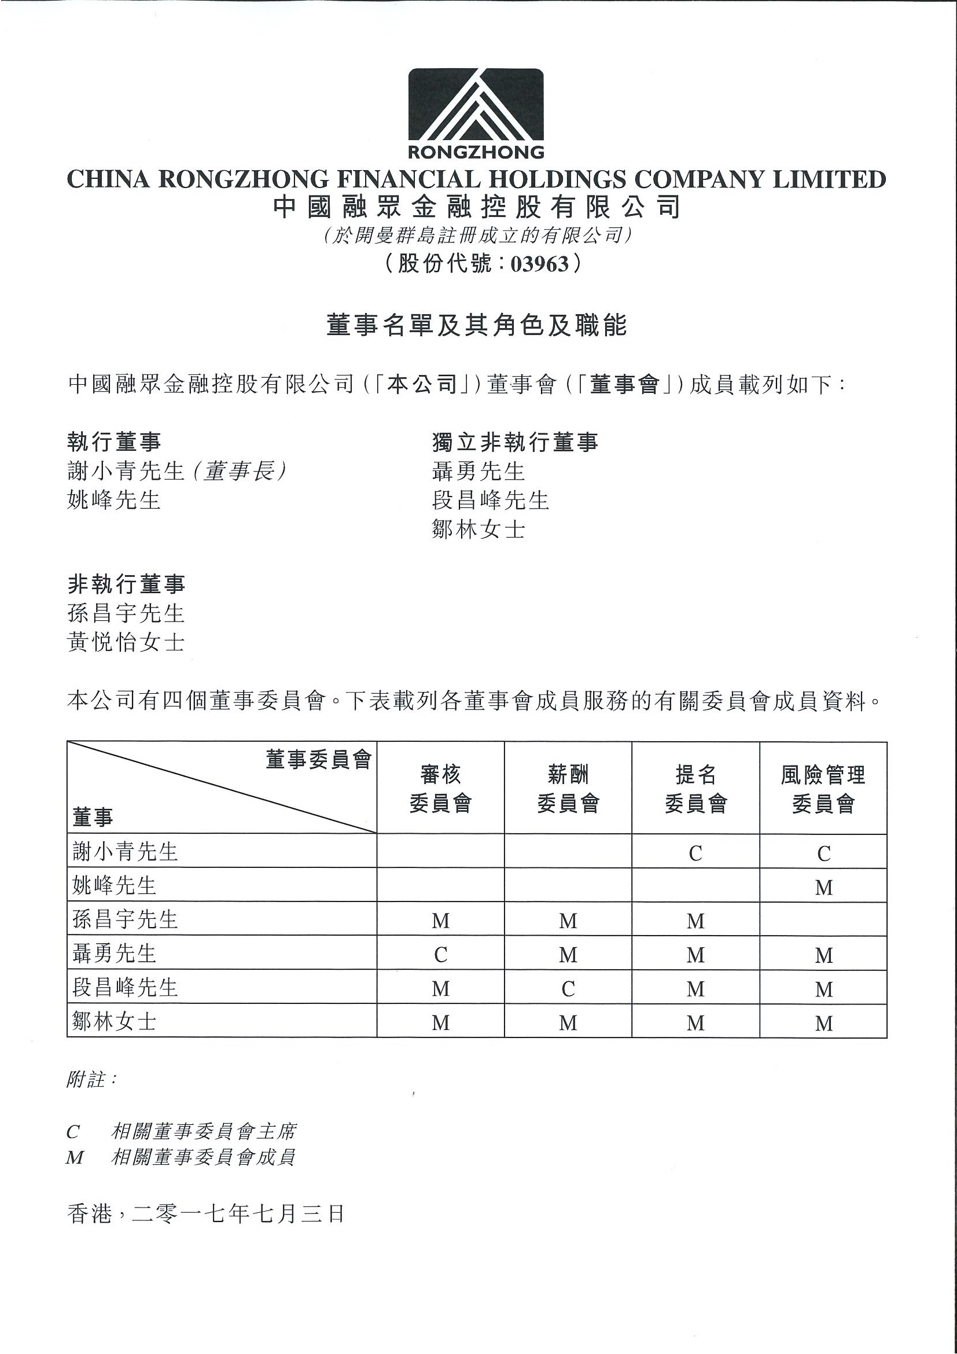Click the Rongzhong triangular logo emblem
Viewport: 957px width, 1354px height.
[x=476, y=105]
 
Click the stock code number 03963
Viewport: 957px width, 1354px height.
[x=539, y=264]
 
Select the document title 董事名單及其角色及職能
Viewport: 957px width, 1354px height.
[x=476, y=325]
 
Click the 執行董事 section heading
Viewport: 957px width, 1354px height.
[x=114, y=441]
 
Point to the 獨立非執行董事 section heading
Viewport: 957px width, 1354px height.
[x=515, y=441]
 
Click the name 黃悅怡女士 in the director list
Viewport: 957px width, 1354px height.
[x=126, y=642]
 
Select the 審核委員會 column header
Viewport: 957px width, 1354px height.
[x=440, y=788]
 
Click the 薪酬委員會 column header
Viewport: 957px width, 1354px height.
[x=568, y=788]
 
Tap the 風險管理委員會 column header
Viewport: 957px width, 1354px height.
[x=823, y=788]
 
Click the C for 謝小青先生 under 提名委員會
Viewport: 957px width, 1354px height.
[x=696, y=853]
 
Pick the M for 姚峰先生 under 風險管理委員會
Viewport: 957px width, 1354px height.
[x=824, y=887]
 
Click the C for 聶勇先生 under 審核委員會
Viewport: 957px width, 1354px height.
[x=440, y=955]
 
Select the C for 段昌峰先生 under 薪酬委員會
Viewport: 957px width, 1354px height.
[x=568, y=989]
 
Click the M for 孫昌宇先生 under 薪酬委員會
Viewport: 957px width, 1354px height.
[x=568, y=921]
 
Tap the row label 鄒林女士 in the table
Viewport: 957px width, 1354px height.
[x=114, y=1022]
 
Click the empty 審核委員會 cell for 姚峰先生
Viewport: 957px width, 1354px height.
[x=440, y=885]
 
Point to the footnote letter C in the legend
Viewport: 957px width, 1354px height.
[x=73, y=1132]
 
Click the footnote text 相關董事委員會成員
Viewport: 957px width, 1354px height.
[x=203, y=1157]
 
